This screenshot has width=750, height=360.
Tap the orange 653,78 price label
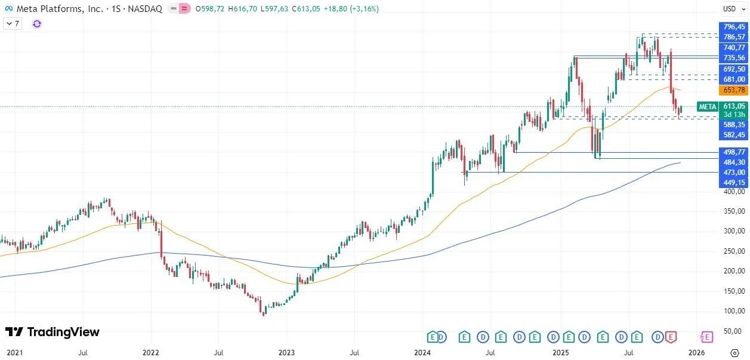734,90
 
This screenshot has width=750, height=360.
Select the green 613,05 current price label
734,106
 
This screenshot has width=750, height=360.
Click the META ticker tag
708,107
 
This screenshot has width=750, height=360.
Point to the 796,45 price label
734,27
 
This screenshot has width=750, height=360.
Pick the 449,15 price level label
734,183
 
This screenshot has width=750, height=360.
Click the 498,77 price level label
734,152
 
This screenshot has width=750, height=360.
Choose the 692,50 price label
734,69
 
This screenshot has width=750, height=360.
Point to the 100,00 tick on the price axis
734,311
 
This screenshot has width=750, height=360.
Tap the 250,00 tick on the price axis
734,251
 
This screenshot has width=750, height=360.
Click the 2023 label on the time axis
287,353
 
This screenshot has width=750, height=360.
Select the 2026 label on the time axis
696,353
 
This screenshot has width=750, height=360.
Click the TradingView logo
53,332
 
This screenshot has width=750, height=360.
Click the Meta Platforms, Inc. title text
60,9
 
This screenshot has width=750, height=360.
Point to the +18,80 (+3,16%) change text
351,9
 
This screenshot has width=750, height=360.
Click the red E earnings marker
671,337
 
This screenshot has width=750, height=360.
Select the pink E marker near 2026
707,337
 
